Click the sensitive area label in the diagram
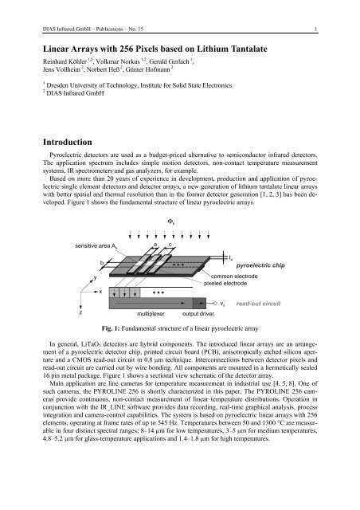pyautogui.click(x=98, y=226)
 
